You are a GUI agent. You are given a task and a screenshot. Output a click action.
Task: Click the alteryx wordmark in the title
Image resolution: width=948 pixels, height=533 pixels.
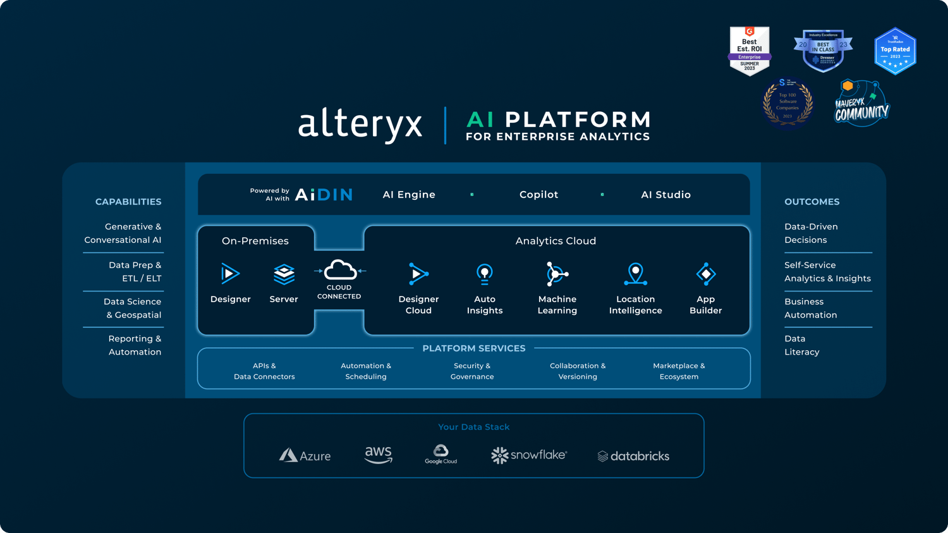pos(360,124)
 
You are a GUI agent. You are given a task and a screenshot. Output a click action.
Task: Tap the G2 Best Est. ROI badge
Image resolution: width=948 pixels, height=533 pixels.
pos(749,51)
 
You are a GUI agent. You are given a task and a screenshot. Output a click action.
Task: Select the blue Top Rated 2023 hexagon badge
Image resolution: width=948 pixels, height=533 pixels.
pos(895,51)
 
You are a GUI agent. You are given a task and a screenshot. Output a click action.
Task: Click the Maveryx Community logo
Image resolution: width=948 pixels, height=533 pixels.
pos(861,104)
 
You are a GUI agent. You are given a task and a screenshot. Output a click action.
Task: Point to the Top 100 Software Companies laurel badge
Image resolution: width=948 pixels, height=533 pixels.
pos(787,103)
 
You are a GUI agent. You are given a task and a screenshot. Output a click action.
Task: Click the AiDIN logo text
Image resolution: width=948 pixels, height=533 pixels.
pos(324,195)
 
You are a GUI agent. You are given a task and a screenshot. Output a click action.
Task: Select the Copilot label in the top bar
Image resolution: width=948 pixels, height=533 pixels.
pos(538,195)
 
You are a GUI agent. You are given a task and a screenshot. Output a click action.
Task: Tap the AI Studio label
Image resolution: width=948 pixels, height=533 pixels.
pos(665,195)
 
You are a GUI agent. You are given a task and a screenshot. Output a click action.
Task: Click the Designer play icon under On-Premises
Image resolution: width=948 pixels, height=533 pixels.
pos(230,274)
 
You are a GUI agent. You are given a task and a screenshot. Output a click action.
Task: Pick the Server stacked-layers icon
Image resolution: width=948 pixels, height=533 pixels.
pos(284,274)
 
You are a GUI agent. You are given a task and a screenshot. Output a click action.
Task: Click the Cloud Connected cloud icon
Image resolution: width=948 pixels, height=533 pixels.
pos(340,271)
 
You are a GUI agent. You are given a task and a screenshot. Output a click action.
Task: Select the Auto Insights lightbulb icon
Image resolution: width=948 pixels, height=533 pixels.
pos(485,274)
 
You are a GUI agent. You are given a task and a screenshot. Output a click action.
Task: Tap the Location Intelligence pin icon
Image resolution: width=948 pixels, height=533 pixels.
pos(635,274)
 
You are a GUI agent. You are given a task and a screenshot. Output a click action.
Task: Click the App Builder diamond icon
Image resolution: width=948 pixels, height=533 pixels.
pos(705,274)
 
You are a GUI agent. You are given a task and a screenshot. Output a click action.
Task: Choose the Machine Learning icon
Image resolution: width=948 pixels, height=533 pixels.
pos(557,274)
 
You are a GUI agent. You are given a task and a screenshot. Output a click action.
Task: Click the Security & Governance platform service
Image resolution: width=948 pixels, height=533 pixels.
pos(472,371)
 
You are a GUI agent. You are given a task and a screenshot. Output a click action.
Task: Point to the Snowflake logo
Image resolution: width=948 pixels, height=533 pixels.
pos(529,455)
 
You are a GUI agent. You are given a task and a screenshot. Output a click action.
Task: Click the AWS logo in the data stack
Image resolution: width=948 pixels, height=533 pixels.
pos(379,455)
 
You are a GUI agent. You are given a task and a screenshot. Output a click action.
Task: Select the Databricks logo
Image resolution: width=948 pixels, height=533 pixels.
pos(633,456)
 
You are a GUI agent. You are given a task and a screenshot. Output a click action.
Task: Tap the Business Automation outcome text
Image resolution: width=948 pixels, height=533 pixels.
pos(810,309)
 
